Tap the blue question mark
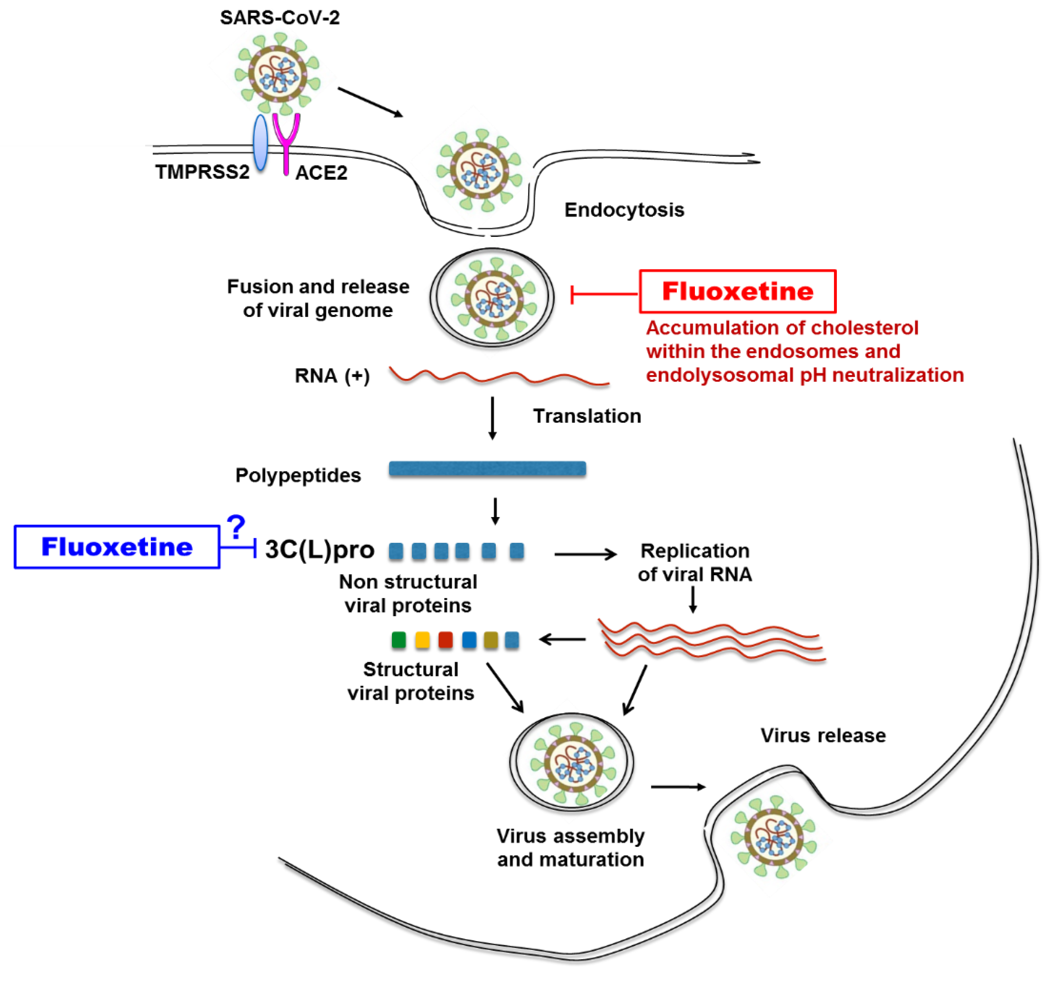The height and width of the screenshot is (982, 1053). [236, 527]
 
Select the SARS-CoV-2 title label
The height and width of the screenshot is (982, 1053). [280, 17]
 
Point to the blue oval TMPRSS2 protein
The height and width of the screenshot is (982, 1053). [260, 142]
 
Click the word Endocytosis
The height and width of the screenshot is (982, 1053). [624, 210]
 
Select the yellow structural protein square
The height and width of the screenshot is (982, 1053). [422, 640]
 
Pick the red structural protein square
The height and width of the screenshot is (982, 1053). [446, 640]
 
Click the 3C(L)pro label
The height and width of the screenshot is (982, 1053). [319, 549]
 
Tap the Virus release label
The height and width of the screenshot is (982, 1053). [823, 735]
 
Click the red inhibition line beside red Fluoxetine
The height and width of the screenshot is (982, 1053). [604, 294]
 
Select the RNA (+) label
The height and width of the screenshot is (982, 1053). [332, 376]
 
